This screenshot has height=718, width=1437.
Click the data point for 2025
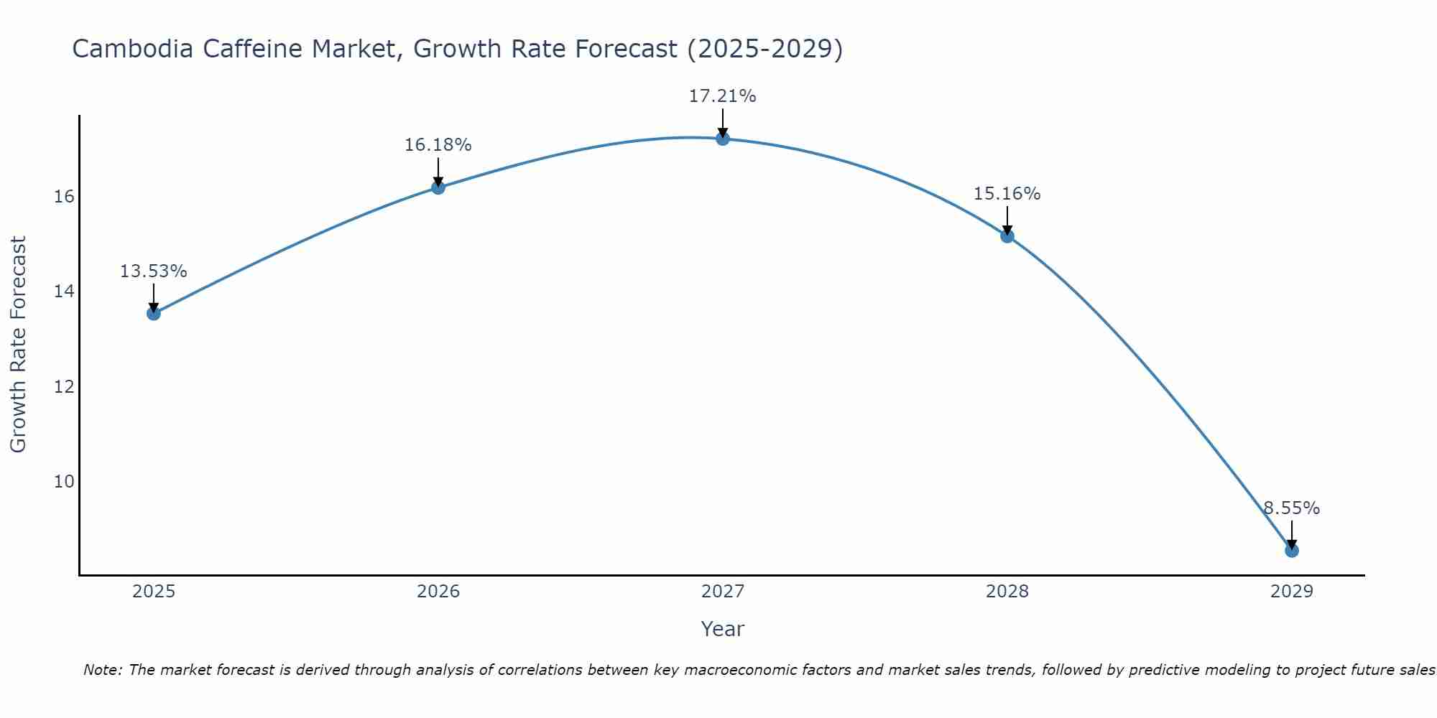(x=153, y=313)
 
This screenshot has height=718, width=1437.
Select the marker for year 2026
(x=438, y=187)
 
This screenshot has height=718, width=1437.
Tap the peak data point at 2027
(x=723, y=139)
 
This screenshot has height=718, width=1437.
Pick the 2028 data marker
(x=1007, y=236)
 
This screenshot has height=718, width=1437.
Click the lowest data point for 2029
(x=1292, y=551)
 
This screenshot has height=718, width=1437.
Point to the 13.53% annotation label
(x=153, y=271)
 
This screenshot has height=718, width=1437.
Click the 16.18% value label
(x=438, y=145)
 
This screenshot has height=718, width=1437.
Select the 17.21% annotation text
(x=723, y=96)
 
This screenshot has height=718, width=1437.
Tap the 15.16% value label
(x=1007, y=194)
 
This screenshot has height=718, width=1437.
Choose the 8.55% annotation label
(x=1292, y=508)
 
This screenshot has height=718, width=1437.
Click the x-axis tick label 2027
(x=723, y=592)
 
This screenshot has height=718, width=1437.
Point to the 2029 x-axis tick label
(x=1292, y=592)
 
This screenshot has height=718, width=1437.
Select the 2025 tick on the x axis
(x=154, y=592)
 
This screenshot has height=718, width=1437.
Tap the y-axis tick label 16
(x=64, y=197)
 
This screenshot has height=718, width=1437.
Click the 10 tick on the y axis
(x=64, y=481)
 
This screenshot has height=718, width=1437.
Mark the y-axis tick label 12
(x=64, y=386)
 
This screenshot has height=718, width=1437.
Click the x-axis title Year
(x=723, y=629)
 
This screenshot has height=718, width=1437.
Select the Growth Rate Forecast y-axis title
(x=18, y=345)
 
